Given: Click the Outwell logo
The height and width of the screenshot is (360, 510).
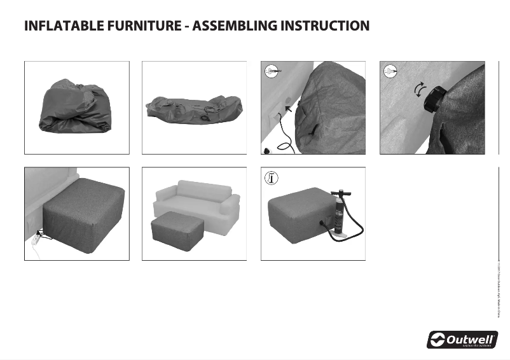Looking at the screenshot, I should point(462,339).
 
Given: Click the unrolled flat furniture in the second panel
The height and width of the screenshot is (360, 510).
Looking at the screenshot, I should point(193,109).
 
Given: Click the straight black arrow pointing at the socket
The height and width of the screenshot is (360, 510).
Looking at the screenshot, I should point(291,111).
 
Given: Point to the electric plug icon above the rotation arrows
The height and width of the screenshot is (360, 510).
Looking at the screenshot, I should point(390,72).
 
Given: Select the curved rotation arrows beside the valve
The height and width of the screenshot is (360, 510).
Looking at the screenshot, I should point(419,90).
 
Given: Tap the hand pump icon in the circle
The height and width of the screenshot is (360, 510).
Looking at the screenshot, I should point(272,179).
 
